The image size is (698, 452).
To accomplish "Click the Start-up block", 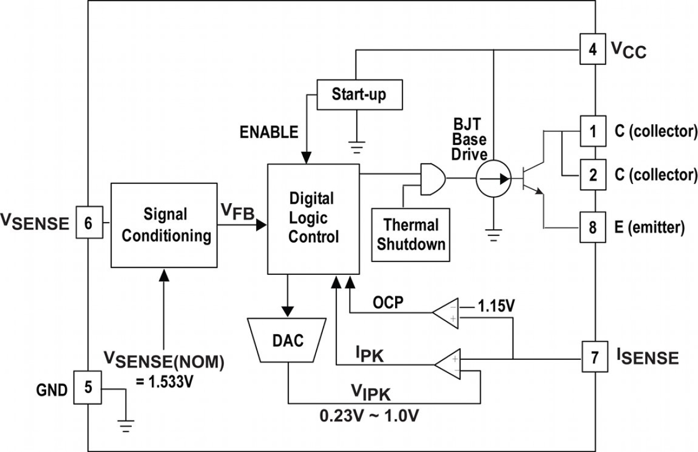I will (x=359, y=94).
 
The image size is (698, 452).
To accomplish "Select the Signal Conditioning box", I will (x=163, y=225).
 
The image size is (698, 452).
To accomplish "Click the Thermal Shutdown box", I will (x=411, y=234).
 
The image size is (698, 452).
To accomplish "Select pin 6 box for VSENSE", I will (x=88, y=223).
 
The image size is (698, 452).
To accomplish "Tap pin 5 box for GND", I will (x=88, y=387).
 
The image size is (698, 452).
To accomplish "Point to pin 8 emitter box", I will (x=594, y=227).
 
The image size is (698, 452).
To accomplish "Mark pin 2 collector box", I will (x=594, y=174).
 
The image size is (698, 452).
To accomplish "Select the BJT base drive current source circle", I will (x=493, y=179).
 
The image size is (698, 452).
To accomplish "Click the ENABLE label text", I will (x=269, y=132).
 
